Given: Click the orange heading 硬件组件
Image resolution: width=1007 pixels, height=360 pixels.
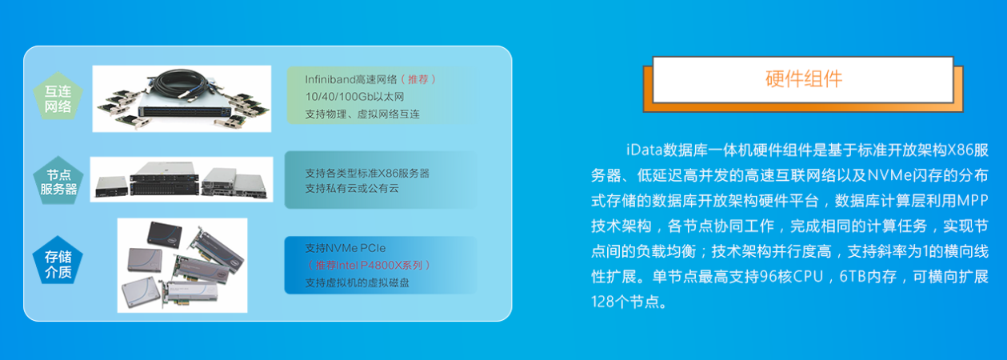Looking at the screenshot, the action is click(804, 79).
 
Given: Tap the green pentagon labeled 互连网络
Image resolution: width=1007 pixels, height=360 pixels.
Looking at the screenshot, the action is click(58, 97).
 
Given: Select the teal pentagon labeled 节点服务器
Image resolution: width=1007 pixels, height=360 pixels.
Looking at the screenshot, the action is click(58, 181).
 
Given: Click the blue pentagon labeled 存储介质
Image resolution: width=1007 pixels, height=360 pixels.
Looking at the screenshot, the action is click(58, 262).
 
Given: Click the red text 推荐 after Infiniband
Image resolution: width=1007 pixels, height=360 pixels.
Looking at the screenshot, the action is click(418, 79).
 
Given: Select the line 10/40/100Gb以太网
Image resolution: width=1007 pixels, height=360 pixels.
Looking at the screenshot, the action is click(354, 97).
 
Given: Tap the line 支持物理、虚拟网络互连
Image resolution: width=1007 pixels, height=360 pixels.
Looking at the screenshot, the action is click(362, 114).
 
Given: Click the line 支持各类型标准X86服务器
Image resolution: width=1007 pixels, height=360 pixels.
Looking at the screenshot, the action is click(367, 173).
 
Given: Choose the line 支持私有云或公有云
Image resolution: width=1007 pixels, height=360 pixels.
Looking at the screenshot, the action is click(352, 188).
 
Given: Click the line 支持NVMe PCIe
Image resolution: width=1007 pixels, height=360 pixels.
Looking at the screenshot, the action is click(346, 248).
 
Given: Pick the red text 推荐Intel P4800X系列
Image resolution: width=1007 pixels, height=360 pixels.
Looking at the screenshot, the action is click(369, 265).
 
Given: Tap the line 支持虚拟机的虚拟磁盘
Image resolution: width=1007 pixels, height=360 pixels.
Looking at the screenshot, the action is click(358, 282).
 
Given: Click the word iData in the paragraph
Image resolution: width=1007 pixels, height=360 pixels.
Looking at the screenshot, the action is click(645, 150).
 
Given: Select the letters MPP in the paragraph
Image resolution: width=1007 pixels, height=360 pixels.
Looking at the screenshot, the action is click(972, 201).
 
